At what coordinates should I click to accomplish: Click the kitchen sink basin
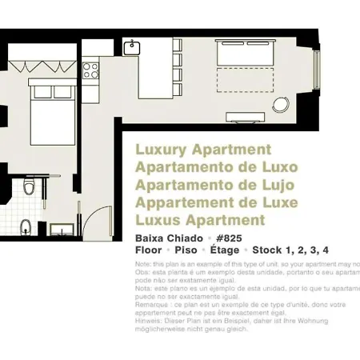[x=132, y=47]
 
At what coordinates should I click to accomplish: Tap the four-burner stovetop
[x=90, y=70]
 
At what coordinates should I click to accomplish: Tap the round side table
[x=281, y=105]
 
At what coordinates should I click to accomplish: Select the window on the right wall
[x=317, y=72]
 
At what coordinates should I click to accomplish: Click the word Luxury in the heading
[x=159, y=150]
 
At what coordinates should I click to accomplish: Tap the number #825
[x=229, y=238]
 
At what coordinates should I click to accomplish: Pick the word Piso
[x=186, y=250]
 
